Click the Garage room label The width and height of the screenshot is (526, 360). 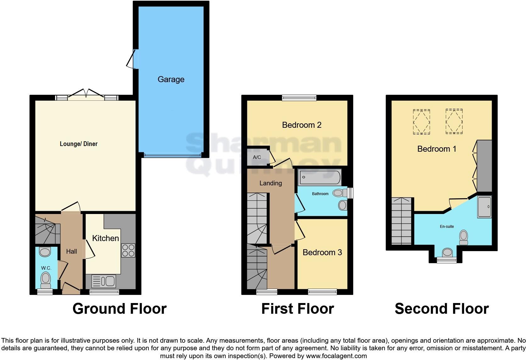point(171,79)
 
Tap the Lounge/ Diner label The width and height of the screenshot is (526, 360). point(79,144)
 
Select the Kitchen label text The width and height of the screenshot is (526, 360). point(105,238)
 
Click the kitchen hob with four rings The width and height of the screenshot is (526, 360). point(128,250)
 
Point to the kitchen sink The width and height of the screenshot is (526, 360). point(104,281)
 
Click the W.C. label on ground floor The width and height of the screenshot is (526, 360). point(46,268)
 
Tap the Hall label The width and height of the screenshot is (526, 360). point(71,251)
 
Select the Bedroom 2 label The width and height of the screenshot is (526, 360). point(301,125)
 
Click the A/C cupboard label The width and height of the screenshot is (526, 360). point(257,157)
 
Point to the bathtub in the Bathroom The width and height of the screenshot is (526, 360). point(320,178)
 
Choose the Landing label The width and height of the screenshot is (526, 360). point(271,183)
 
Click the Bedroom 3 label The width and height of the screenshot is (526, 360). point(322,252)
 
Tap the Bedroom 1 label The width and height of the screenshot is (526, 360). point(437,149)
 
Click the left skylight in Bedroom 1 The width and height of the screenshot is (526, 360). point(421,121)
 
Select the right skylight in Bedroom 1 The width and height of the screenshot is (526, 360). point(454,121)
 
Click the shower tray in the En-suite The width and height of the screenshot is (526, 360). point(484,207)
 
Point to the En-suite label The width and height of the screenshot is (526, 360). point(447,227)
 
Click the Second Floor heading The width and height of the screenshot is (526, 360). point(442,309)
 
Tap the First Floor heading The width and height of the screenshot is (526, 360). point(298,309)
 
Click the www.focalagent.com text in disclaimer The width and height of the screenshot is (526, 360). point(336,356)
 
